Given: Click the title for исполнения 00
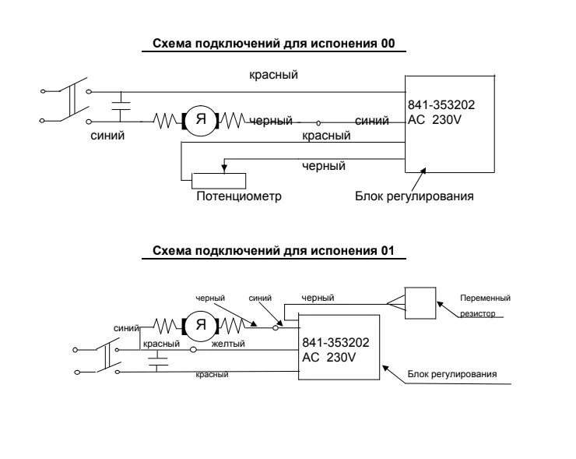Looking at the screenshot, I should click(274, 44).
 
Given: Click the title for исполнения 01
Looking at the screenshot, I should click(274, 251).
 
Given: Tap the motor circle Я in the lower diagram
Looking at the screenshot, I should click(200, 325).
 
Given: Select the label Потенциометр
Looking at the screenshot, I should click(238, 196).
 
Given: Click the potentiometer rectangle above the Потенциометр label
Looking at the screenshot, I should click(219, 180).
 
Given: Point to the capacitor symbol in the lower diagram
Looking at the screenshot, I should click(158, 361).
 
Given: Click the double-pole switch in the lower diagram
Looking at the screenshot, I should click(107, 358).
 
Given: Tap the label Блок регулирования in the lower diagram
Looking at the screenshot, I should click(451, 374).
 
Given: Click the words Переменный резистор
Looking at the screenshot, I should click(484, 305).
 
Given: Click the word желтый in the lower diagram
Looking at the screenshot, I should click(228, 344).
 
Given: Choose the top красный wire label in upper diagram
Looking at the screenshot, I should click(273, 75).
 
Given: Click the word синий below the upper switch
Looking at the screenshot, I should click(107, 136).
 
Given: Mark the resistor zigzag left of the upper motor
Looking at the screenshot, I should click(167, 121).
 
